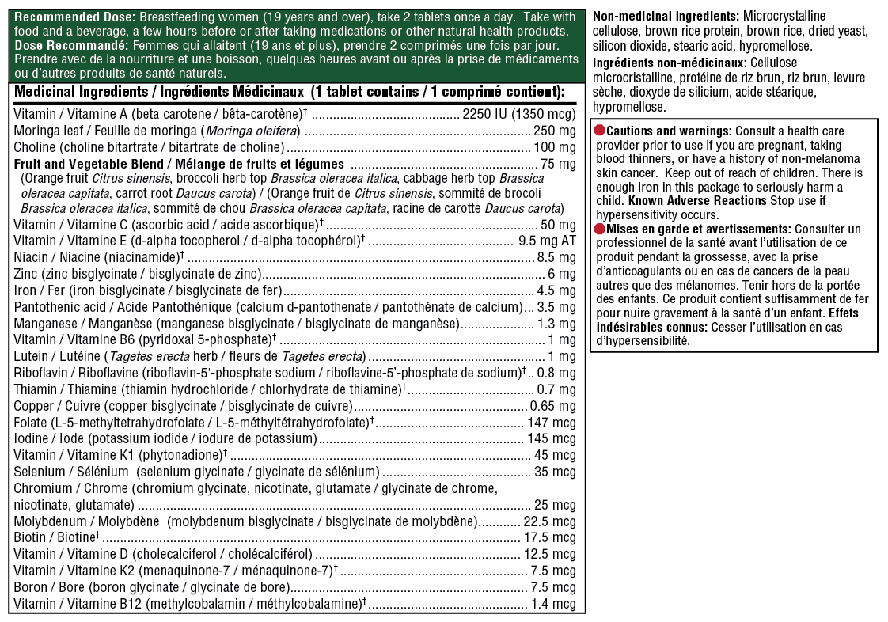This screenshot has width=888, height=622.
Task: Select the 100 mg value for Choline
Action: tap(556, 147)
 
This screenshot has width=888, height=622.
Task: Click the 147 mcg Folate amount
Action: tap(552, 423)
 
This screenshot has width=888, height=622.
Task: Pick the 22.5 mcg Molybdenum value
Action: tap(549, 521)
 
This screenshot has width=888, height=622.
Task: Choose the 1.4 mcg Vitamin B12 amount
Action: tap(553, 605)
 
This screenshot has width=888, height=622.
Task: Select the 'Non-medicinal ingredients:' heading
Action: tap(665, 17)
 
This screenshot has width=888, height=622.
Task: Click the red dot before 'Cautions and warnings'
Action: tap(599, 130)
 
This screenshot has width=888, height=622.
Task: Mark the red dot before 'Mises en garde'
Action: tap(599, 228)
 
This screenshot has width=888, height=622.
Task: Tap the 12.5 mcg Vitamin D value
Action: tap(549, 554)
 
